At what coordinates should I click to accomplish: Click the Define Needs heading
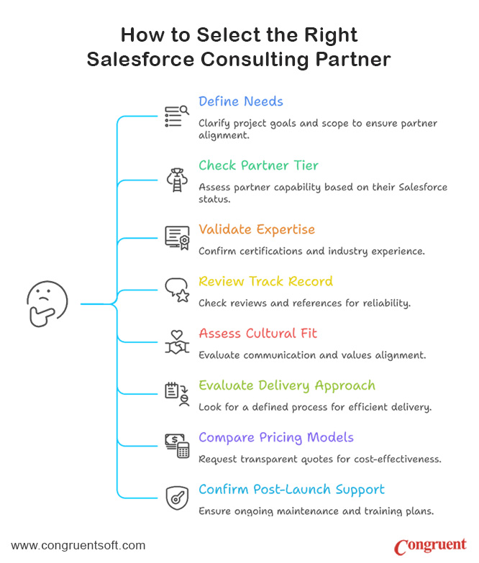241,101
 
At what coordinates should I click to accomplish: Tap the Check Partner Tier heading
258,165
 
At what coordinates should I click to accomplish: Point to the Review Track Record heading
265,281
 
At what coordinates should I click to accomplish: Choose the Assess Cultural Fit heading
257,333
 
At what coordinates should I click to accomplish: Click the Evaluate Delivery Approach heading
286,385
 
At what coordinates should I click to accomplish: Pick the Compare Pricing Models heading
276,437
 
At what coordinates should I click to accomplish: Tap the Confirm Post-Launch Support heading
291,490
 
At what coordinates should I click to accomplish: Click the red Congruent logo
431,546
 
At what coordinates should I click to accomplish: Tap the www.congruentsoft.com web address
78,546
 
